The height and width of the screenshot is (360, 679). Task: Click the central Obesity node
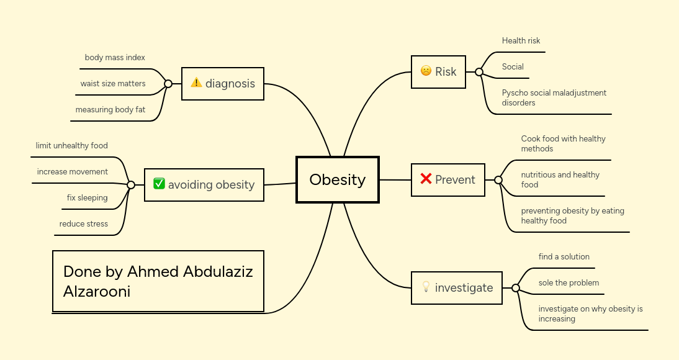tap(338, 180)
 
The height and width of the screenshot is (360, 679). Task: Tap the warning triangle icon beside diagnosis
tap(196, 83)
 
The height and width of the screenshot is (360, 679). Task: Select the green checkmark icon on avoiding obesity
tap(159, 184)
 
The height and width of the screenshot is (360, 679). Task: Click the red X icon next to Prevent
tap(426, 179)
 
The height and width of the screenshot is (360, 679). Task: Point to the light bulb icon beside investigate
tap(426, 287)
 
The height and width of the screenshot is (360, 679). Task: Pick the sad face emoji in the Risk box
tap(426, 71)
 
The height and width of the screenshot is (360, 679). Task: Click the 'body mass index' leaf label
tap(115, 58)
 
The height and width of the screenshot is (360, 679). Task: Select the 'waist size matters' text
tap(112, 84)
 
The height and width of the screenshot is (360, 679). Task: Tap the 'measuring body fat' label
tap(110, 110)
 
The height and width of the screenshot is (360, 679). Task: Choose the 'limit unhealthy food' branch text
tap(72, 146)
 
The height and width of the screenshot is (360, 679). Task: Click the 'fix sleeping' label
tap(88, 198)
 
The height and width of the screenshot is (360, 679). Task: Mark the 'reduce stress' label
tap(84, 224)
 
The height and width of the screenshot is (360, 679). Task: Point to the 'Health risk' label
tap(521, 41)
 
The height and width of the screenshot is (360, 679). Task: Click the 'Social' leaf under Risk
tap(513, 67)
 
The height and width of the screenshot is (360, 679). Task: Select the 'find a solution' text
tap(564, 257)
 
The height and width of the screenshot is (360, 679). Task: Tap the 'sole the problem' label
tap(569, 283)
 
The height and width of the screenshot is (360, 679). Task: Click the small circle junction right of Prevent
tap(498, 180)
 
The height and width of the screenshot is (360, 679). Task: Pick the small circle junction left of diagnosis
tap(168, 84)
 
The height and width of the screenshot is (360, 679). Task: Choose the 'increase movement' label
tap(73, 172)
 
